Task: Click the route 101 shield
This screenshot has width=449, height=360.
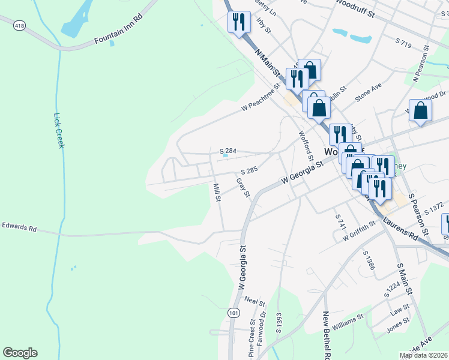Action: click(x=234, y=313)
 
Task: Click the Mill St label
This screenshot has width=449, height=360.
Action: click(x=217, y=192)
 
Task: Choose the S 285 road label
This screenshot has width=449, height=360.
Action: click(x=248, y=171)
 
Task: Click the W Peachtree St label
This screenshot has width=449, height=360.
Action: click(x=262, y=100)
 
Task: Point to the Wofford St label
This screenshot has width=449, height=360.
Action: click(x=306, y=146)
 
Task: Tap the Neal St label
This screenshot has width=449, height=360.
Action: click(x=255, y=301)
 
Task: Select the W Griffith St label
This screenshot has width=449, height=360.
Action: click(x=359, y=231)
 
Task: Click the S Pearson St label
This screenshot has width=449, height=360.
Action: click(x=418, y=214)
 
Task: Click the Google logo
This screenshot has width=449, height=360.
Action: click(x=20, y=353)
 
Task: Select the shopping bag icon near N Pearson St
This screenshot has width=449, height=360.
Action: click(x=421, y=110)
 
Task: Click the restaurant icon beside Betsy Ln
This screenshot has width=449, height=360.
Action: click(x=239, y=22)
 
